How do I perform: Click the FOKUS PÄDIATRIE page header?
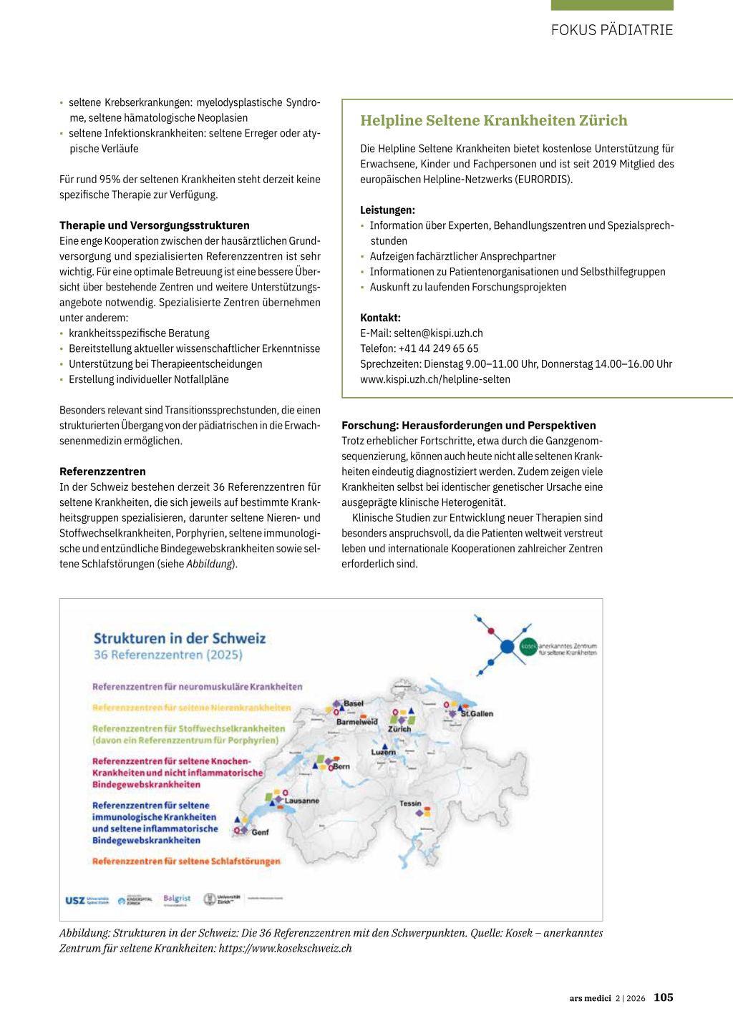click(612, 30)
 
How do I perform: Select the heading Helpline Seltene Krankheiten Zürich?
click(493, 120)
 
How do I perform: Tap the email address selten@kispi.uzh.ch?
click(438, 333)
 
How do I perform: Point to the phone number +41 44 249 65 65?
click(438, 348)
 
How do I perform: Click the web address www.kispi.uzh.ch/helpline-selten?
click(435, 379)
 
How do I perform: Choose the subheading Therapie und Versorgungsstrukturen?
click(155, 225)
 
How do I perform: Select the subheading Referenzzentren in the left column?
click(102, 471)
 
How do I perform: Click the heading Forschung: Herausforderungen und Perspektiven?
click(468, 425)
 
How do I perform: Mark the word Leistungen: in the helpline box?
click(387, 210)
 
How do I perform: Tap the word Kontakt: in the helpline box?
click(380, 318)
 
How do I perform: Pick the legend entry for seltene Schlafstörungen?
click(186, 861)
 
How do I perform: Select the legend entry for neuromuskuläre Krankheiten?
click(197, 687)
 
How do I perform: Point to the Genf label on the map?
click(260, 832)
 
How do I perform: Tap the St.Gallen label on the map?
click(477, 714)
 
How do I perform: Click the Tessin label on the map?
click(410, 803)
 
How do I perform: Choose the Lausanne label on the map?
click(302, 801)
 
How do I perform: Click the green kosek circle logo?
click(528, 646)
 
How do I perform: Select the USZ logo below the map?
click(75, 900)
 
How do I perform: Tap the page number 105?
click(663, 997)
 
